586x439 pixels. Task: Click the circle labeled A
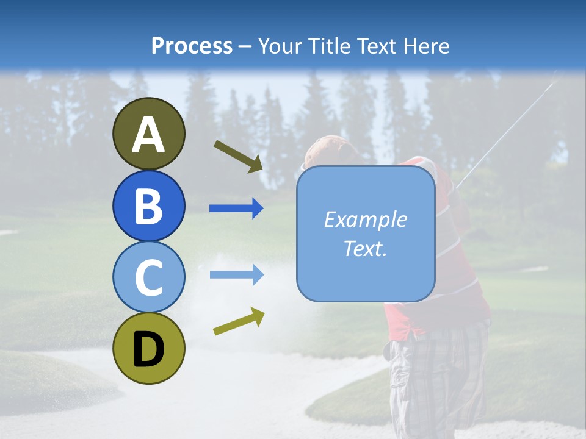pos(149,134)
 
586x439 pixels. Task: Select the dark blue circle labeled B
pos(149,205)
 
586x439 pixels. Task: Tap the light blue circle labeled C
pos(149,277)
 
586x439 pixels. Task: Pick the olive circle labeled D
pos(149,348)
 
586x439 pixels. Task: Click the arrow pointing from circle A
pos(238,156)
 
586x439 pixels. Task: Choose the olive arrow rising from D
pos(239,321)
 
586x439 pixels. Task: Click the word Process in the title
pos(192,46)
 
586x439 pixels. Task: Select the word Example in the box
pos(365,220)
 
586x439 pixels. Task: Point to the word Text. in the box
pos(365,248)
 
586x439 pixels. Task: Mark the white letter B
pos(149,206)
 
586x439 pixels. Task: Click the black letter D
pos(149,349)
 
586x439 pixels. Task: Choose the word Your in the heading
pos(281,46)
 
